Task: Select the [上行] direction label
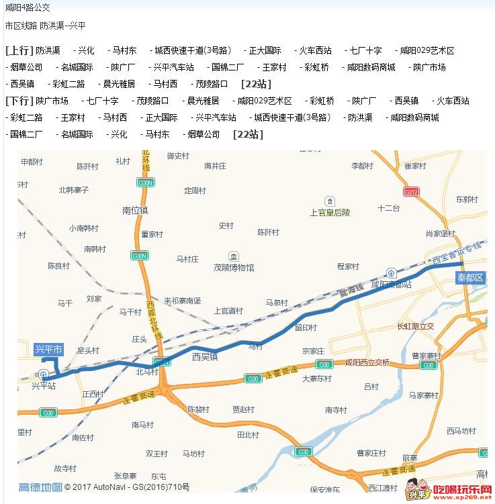click(x=19, y=50)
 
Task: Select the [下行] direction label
click(x=19, y=101)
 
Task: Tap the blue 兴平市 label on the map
click(x=48, y=349)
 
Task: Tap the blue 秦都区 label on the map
click(x=470, y=277)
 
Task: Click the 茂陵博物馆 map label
click(x=234, y=268)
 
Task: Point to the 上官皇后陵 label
click(x=330, y=212)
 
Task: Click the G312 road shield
click(x=412, y=192)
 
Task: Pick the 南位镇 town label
click(x=135, y=210)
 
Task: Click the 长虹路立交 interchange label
click(x=416, y=327)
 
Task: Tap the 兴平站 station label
click(x=44, y=386)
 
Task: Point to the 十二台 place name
click(x=388, y=208)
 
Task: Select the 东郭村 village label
click(x=466, y=199)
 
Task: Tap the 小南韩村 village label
click(x=83, y=228)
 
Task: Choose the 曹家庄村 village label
click(x=371, y=453)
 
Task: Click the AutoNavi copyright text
click(x=128, y=488)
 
